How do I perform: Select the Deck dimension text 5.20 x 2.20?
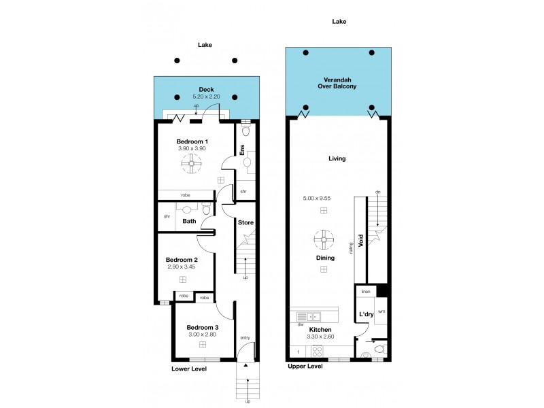206,97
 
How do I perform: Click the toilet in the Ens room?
245,131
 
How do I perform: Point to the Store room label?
245,222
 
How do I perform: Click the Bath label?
190,221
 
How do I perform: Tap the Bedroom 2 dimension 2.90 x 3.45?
182,267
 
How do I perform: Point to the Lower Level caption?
188,369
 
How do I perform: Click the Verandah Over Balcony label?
337,83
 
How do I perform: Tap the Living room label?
337,158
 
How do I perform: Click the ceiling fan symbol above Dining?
324,239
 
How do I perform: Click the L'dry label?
365,313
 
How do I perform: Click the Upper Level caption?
305,366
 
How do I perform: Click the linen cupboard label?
365,291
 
